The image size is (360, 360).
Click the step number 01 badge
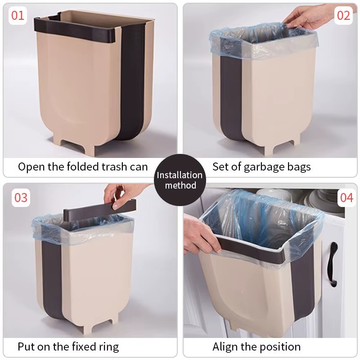click(18, 15)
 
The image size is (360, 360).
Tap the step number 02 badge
click(343, 15)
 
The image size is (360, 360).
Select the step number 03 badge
click(21, 198)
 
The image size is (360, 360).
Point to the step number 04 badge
click(346, 198)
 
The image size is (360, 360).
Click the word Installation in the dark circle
click(180, 175)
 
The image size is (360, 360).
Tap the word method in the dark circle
click(180, 185)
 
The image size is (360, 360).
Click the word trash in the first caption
click(114, 166)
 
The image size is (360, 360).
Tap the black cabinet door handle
click(333, 265)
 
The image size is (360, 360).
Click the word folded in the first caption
click(83, 166)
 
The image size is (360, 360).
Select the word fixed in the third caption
click(84, 346)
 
